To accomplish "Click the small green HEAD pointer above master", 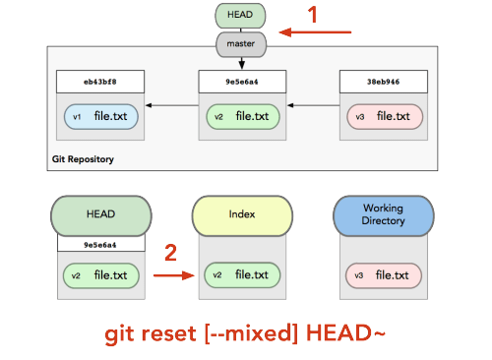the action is click(240, 16).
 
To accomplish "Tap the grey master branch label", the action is click(241, 44).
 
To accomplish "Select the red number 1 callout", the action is click(313, 15).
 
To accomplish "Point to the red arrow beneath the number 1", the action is click(315, 32).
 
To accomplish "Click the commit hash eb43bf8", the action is click(100, 82).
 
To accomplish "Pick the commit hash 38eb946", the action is click(383, 82).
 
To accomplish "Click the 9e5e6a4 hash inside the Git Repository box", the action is click(242, 82).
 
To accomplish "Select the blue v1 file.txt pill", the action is click(100, 116).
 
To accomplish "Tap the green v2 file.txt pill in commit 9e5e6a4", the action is click(243, 116).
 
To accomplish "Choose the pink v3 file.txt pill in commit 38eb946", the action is click(385, 116).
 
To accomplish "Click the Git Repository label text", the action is click(83, 159).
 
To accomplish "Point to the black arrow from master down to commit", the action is click(242, 63).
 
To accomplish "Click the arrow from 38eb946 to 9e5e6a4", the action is click(313, 105).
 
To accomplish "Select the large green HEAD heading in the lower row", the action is click(101, 215).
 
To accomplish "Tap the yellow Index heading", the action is click(242, 215).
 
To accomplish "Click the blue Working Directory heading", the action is click(384, 215).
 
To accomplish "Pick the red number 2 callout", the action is click(170, 253).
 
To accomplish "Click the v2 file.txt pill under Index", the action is click(242, 275).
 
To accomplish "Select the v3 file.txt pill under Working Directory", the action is click(384, 275).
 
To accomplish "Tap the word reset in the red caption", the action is click(168, 333).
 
